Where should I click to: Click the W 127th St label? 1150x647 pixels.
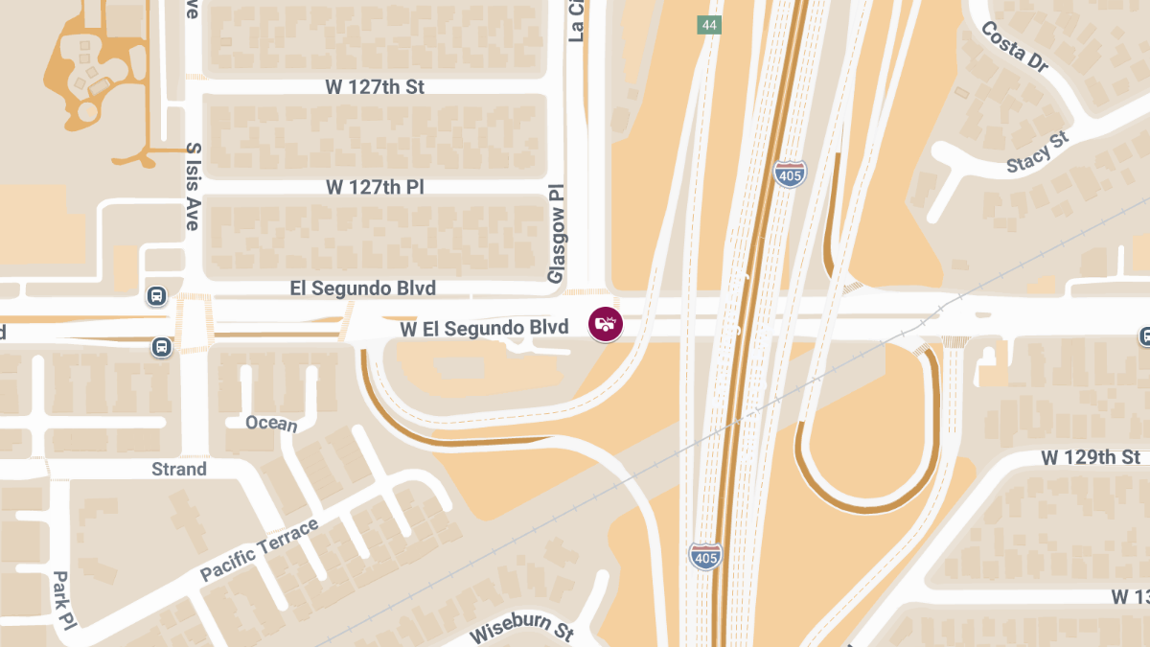(375, 87)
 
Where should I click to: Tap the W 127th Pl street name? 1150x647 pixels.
(375, 187)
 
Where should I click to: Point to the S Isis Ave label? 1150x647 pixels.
(193, 187)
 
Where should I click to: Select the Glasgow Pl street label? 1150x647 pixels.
(556, 234)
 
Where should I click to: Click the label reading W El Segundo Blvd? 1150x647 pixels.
(484, 329)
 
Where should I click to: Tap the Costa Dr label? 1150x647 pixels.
(1015, 46)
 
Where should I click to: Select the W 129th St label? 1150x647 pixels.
(1091, 457)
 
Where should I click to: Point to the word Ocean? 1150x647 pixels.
(271, 424)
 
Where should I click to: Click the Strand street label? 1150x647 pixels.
(179, 469)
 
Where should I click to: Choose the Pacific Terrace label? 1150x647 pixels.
(259, 549)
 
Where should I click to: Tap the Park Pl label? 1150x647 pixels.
(62, 600)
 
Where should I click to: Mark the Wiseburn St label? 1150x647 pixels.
(521, 628)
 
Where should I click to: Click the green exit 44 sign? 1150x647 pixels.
(708, 25)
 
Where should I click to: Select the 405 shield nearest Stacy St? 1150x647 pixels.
(790, 173)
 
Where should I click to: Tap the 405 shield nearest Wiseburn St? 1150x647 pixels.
(704, 555)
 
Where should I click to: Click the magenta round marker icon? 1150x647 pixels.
(606, 323)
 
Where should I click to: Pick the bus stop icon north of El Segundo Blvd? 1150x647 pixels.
(157, 295)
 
